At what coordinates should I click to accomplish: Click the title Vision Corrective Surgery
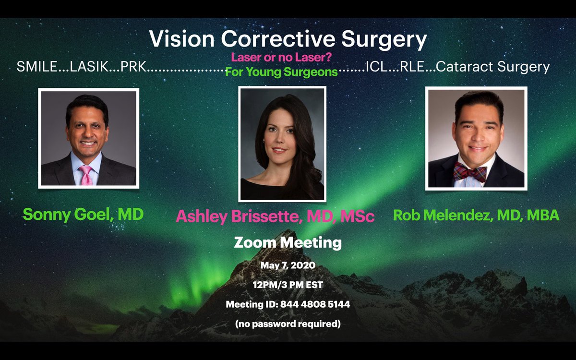[x=288, y=39]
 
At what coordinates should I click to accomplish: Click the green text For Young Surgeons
[x=281, y=72]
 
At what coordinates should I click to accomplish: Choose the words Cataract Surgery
[x=493, y=67]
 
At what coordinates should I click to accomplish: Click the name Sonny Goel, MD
[x=83, y=214]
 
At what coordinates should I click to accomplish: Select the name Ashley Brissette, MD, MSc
[x=275, y=216]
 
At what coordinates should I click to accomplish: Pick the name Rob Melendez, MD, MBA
[x=476, y=216]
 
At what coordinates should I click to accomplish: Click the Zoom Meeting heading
[x=288, y=242]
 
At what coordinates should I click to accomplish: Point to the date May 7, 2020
[x=288, y=265]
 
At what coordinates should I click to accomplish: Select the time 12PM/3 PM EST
[x=288, y=285]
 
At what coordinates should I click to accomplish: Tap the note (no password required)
[x=288, y=324]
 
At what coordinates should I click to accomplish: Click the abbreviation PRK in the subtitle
[x=133, y=67]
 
